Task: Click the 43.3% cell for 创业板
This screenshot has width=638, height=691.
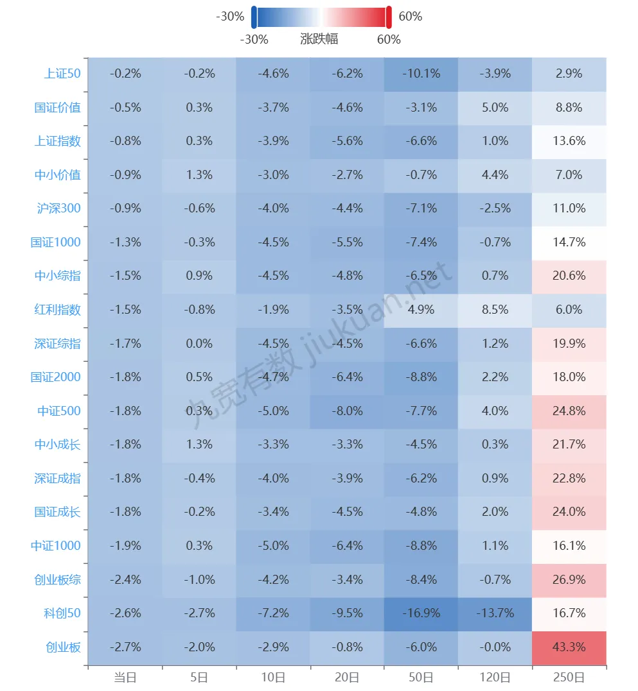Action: [569, 647]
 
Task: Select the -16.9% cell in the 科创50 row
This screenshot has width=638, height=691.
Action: [421, 613]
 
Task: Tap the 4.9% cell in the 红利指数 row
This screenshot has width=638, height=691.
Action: [421, 310]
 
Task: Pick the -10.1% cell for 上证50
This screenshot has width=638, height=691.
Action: [421, 74]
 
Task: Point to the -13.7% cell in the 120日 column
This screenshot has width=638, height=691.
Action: [495, 613]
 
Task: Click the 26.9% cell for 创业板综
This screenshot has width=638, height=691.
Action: [569, 580]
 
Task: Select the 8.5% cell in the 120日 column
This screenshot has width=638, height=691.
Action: [495, 310]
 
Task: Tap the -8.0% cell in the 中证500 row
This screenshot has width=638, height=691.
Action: [347, 411]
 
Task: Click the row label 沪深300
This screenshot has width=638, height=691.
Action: [59, 209]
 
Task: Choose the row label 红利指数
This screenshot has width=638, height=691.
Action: [58, 310]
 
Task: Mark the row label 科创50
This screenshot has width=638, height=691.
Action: [63, 613]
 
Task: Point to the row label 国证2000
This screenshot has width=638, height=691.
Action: [56, 377]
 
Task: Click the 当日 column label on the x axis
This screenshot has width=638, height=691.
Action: [125, 677]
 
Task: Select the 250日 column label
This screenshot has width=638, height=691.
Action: [569, 677]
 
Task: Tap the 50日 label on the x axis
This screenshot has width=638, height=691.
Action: [421, 677]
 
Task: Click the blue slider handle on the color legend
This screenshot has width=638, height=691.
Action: [254, 17]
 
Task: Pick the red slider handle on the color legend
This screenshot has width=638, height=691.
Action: [389, 17]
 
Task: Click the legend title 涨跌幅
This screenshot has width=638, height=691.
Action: [319, 39]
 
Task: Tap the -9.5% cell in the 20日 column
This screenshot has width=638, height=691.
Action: [347, 613]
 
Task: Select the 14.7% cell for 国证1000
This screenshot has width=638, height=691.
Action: [569, 243]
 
